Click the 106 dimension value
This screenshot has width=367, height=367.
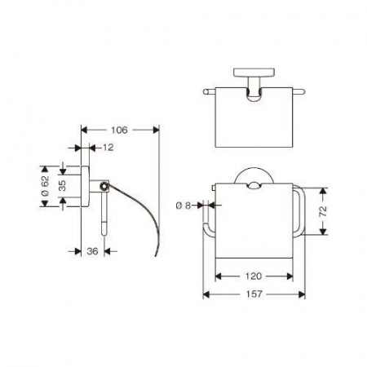pyautogui.click(x=119, y=130)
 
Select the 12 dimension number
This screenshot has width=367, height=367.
pyautogui.click(x=108, y=148)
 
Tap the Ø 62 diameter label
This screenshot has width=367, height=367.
pyautogui.click(x=46, y=186)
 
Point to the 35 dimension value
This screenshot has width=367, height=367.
pyautogui.click(x=63, y=186)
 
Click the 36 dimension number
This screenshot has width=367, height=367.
pyautogui.click(x=92, y=251)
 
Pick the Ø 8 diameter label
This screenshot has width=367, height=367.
pyautogui.click(x=183, y=206)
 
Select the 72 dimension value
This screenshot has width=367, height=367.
pyautogui.click(x=323, y=211)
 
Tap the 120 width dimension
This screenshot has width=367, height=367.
pyautogui.click(x=254, y=276)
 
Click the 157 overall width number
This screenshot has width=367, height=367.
pyautogui.click(x=254, y=294)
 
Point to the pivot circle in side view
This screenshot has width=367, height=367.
pyautogui.click(x=104, y=186)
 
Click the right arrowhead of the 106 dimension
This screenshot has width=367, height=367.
pyautogui.click(x=156, y=130)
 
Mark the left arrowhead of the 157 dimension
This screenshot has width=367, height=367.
pyautogui.click(x=206, y=294)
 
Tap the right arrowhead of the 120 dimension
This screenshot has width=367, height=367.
pyautogui.click(x=290, y=276)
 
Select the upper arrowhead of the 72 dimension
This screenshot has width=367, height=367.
pyautogui.click(x=323, y=191)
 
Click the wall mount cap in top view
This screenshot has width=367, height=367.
pyautogui.click(x=254, y=73)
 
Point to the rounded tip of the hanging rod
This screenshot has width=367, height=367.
pyautogui.click(x=104, y=233)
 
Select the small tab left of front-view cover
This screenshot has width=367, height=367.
pyautogui.click(x=214, y=188)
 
